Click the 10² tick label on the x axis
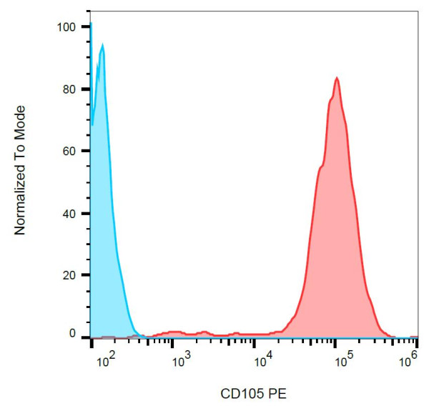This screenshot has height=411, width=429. point(105,360)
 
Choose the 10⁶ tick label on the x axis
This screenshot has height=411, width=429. point(408,360)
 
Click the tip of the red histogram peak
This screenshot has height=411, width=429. point(336,77)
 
